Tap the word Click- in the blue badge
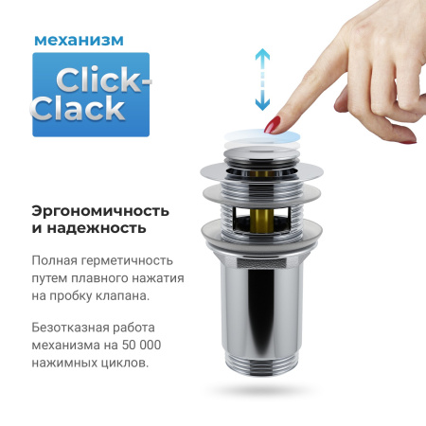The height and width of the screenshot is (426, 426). coord(100,80)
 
